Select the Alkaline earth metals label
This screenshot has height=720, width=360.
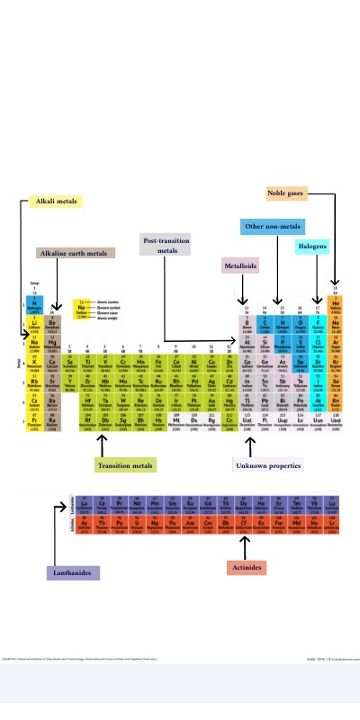(x=76, y=253)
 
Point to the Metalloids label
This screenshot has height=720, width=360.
(x=240, y=265)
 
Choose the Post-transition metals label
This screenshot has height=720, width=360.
(x=164, y=245)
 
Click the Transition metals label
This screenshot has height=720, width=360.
(x=126, y=465)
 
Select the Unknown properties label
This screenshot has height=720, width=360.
(x=267, y=465)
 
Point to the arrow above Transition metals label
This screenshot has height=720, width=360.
(x=102, y=445)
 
